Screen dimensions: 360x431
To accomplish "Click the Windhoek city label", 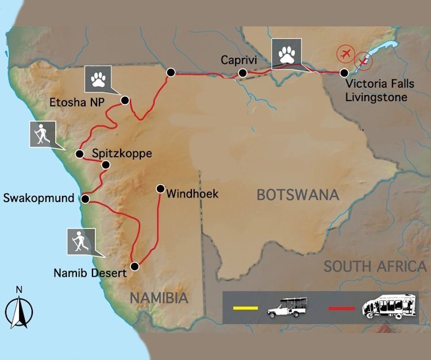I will coord(192,194).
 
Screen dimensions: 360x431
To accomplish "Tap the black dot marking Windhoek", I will coord(160,188).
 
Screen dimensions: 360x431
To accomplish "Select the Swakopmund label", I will coord(39,199).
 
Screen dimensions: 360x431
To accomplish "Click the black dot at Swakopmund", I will coord(85,199).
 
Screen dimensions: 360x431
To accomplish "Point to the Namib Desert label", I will coord(90,273).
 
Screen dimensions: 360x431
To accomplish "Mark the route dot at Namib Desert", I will coord(135,266).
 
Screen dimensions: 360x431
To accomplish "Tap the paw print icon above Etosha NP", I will coord(98,79).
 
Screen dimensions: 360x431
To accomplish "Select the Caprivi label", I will coord(237,60).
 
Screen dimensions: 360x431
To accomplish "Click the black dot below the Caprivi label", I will coord(243,73).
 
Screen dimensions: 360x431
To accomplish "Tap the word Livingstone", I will coord(376,98).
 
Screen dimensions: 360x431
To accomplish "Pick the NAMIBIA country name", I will coord(159,298).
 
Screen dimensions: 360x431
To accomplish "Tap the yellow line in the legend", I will coord(244,310).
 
